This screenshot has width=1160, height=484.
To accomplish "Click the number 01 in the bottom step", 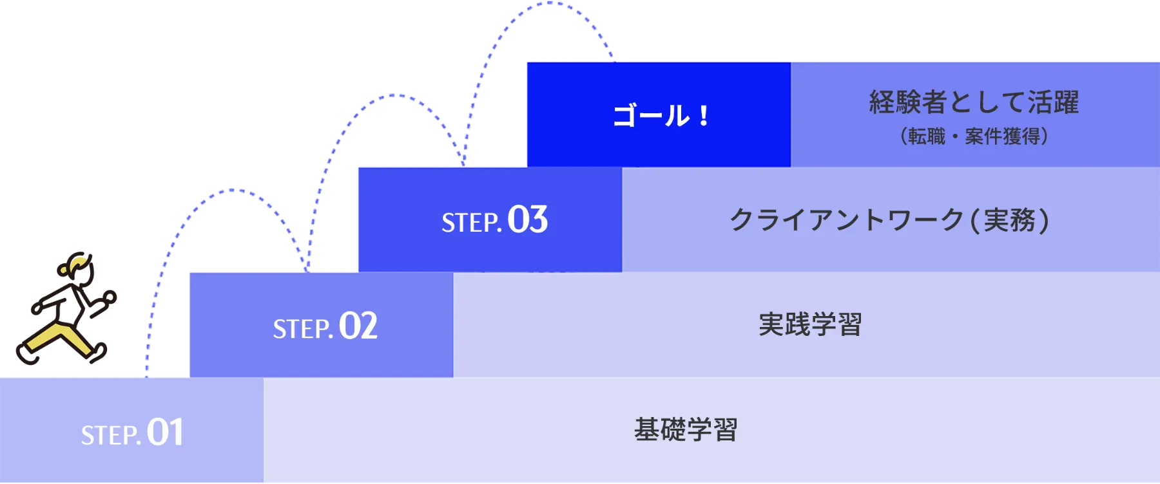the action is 165,432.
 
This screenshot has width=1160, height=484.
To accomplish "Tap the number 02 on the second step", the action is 358,326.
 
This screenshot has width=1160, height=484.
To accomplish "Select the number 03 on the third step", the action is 528,219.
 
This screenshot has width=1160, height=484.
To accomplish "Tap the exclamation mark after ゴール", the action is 703,116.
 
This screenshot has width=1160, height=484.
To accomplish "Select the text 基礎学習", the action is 686,430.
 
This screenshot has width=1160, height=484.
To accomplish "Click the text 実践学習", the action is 810,324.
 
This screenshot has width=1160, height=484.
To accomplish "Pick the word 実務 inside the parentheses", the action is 1010,220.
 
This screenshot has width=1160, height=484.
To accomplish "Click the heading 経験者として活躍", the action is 974,102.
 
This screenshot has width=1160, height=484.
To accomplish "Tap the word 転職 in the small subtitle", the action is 927,136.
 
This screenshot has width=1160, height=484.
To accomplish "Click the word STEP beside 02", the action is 301,330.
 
